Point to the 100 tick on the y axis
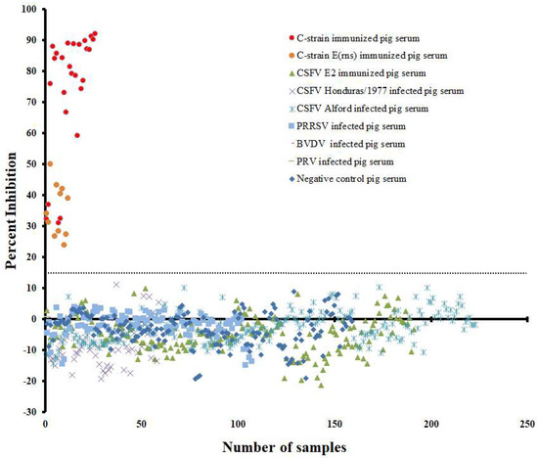click(26, 10)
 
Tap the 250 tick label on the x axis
click(526, 423)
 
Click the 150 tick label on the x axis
click(334, 423)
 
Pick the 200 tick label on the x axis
click(429, 423)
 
